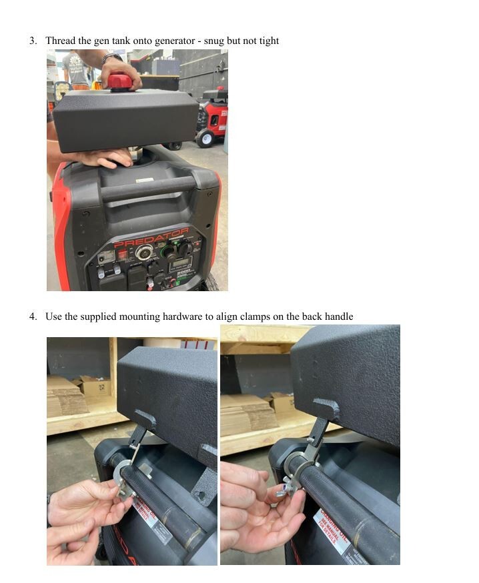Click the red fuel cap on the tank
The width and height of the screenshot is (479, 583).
coord(121,81)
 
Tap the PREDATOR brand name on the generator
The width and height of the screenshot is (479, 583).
coord(151,238)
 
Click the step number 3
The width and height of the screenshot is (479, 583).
coord(33,41)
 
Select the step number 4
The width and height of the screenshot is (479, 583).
coord(33,316)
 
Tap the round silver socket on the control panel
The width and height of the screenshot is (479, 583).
coord(143,253)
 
